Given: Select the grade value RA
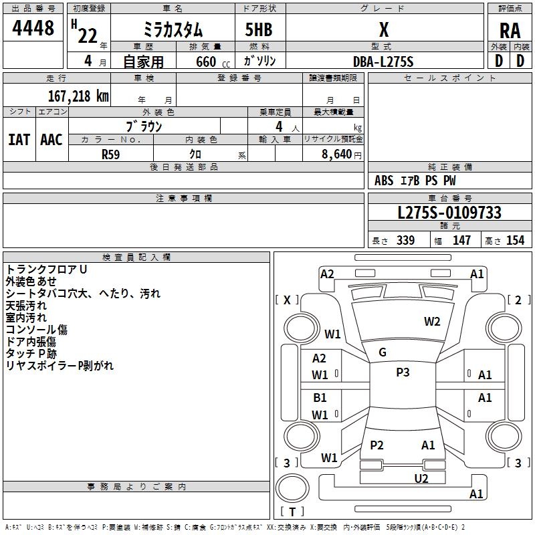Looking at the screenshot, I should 510,31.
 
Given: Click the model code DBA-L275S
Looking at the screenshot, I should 383,62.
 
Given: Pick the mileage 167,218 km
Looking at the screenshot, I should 78,96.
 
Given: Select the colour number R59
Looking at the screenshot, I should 111,154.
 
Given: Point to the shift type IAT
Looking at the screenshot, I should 19,140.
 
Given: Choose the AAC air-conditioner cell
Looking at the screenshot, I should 51,140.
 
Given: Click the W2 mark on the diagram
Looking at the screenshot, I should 432,322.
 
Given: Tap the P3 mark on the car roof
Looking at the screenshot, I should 403,372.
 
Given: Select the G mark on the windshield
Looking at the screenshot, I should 383,352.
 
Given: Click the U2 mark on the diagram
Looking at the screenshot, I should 421,477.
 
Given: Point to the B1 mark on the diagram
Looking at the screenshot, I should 320,398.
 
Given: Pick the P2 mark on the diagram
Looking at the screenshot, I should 377,445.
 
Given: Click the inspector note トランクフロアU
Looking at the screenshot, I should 47,269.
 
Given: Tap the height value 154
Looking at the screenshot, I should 515,241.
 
